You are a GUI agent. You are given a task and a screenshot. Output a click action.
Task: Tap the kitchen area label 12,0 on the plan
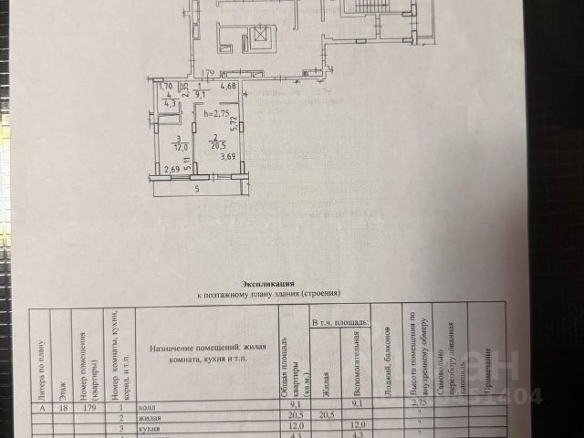pyautogui.click(x=182, y=147)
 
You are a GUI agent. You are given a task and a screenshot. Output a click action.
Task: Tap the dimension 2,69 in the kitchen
pyautogui.click(x=172, y=169)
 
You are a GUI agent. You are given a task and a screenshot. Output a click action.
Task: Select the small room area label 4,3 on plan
pyautogui.click(x=169, y=103)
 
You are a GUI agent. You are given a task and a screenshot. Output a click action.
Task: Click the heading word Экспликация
pyautogui.click(x=267, y=285)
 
